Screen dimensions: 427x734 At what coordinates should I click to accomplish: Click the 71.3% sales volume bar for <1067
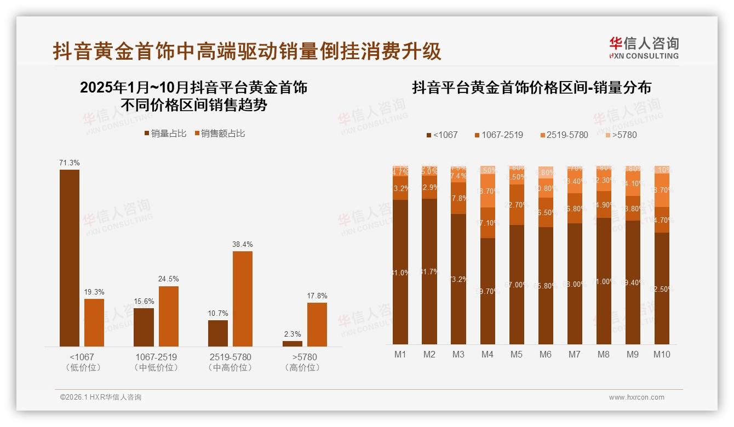click(70, 258)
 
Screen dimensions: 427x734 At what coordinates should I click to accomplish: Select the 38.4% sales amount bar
click(243, 298)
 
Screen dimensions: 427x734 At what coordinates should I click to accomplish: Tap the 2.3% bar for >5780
click(293, 343)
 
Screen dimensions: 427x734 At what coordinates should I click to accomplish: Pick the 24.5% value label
click(169, 279)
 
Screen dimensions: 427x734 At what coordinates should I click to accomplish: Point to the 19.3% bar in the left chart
click(94, 322)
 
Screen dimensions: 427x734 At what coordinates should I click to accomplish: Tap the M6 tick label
click(545, 354)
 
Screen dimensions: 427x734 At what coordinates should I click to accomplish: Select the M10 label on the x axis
click(662, 354)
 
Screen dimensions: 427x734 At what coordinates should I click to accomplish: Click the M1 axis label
click(400, 354)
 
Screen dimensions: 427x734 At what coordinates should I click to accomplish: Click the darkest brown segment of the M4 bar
click(488, 291)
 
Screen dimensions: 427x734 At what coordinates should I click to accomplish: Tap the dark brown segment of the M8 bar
click(604, 281)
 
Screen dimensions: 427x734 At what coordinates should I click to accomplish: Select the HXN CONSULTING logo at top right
click(644, 48)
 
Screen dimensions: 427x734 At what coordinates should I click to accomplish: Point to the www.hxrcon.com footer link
click(636, 397)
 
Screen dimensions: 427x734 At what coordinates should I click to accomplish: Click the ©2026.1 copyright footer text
click(101, 397)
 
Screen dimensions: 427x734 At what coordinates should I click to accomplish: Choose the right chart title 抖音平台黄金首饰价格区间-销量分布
click(531, 88)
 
